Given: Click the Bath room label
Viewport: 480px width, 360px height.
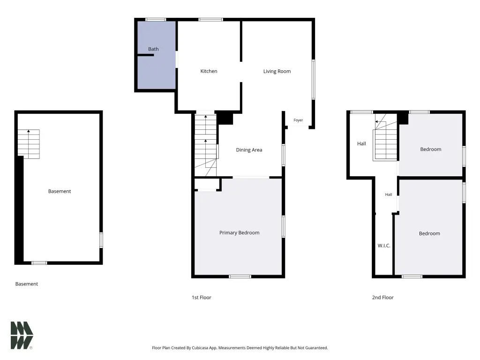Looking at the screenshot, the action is click(x=153, y=49).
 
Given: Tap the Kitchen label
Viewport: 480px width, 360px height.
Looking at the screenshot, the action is click(x=209, y=71).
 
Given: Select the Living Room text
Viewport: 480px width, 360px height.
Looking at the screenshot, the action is click(x=277, y=71).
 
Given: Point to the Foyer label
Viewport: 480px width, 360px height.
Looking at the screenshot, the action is click(x=298, y=120).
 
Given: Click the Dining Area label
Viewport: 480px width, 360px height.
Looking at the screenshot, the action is click(x=249, y=150).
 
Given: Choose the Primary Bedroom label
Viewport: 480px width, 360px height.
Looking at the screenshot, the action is click(x=240, y=232).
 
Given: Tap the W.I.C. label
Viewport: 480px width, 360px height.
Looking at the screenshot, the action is click(x=384, y=246).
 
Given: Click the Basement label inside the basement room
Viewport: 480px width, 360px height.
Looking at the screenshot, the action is click(x=60, y=191).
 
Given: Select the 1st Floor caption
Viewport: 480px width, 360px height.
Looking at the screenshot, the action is click(x=202, y=297).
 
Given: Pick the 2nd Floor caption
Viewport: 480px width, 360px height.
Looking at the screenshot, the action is click(x=382, y=297).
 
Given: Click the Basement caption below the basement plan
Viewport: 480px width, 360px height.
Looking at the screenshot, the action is click(x=27, y=284).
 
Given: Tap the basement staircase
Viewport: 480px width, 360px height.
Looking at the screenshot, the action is click(x=29, y=144).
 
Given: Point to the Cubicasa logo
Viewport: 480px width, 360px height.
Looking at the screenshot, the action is click(x=22, y=335).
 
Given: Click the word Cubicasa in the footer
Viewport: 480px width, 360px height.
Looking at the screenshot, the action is click(x=201, y=348).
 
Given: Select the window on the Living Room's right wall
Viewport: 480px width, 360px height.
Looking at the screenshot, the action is click(x=314, y=80).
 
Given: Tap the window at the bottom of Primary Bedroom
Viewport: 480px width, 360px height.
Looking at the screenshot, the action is click(x=240, y=277).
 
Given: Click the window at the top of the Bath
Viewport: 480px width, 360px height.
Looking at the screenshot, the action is click(x=156, y=20).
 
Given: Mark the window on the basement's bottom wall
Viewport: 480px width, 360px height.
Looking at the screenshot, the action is click(x=39, y=263).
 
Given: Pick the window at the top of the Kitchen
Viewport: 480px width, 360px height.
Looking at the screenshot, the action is click(x=210, y=20).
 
